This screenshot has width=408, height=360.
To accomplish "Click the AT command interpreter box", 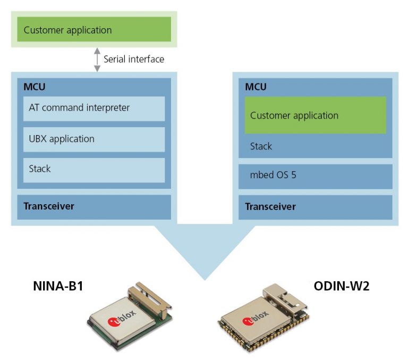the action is pos(94,108).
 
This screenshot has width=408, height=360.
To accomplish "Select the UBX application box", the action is pos(94,139).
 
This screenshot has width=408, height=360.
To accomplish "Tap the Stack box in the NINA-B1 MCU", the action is pos(94,170).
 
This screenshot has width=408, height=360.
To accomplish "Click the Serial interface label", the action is pos(134,59).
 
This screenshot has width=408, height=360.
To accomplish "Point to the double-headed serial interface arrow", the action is pos(97,60).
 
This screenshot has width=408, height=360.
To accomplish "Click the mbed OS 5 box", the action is pos(316,177).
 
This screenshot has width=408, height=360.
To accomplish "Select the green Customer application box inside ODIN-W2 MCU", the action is pos(316,115).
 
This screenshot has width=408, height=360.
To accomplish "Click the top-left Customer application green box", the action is pos(94,29).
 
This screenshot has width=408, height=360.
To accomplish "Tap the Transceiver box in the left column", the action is pos(94,207).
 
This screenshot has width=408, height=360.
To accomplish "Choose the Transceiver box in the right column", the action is pos(316,207).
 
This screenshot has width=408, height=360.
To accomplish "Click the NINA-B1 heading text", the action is pos(58,286).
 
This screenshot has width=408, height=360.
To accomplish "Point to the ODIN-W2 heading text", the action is pos(342,286).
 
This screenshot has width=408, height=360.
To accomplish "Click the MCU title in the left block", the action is pos(35,87).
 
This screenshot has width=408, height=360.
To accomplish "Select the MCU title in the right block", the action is pos(256,87).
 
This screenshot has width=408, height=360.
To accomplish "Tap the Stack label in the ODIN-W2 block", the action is pos(261,146).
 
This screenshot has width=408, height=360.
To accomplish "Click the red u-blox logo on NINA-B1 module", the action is pos(114,322).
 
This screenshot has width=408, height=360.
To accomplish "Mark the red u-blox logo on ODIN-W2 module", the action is pos(248,321).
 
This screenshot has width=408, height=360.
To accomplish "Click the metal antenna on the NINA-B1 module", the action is pos(149,299).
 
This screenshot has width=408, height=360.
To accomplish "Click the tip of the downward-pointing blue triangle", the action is pos(205,280).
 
